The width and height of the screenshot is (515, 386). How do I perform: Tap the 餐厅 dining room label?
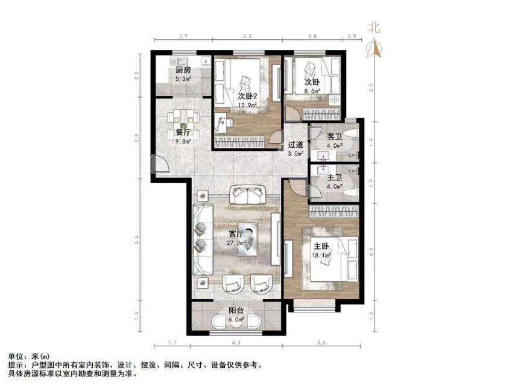click(x=183, y=132)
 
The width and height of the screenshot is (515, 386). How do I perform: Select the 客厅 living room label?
click(x=236, y=233)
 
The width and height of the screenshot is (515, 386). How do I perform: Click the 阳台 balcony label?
click(x=236, y=311)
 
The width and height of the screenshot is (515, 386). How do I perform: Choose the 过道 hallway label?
click(x=295, y=145)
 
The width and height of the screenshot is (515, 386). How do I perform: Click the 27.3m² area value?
click(x=236, y=242)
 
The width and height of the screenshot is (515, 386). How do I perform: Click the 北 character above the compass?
click(x=375, y=27)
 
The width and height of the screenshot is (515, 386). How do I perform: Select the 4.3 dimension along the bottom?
click(x=236, y=343)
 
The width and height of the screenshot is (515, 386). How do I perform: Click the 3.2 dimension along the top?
click(x=247, y=37)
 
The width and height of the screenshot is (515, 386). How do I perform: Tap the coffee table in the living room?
click(x=249, y=239)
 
